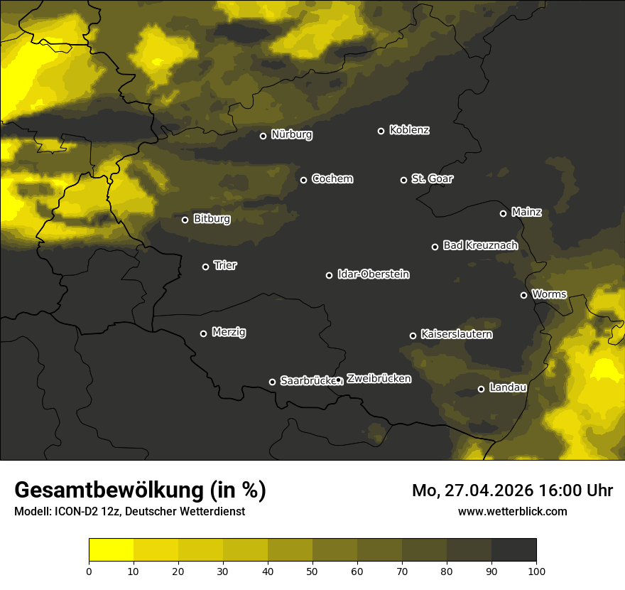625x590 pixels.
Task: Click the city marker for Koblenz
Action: coord(381,131)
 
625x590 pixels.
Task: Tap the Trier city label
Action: coord(225,265)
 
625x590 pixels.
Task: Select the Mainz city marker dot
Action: coord(503,213)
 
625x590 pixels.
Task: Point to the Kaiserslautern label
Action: coord(456,334)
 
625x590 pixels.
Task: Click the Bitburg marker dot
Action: coord(185,220)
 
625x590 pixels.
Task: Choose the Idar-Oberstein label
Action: coord(373,274)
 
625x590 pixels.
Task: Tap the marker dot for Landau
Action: coord(481,389)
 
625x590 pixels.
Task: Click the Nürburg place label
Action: coord(291,134)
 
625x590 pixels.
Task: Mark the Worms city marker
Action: coord(523,295)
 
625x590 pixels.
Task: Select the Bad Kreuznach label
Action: coord(480,245)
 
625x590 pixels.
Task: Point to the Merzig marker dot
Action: coord(203,333)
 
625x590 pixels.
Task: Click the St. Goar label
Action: coord(432,178)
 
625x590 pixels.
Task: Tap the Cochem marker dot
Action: coord(303,180)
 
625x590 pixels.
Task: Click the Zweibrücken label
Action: coord(379,378)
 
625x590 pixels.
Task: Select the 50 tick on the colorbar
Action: coord(312,570)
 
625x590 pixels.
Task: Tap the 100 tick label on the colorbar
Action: coord(536,570)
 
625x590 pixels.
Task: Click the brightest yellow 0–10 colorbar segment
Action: coord(111,550)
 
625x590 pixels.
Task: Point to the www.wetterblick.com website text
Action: coord(513,511)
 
